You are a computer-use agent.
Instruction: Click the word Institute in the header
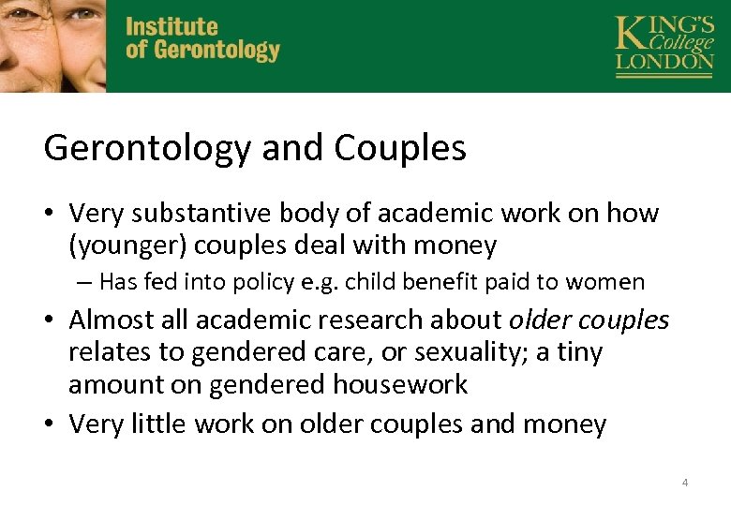(172, 27)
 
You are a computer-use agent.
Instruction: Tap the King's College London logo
(664, 45)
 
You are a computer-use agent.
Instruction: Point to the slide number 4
(685, 483)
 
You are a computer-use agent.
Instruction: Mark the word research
(361, 320)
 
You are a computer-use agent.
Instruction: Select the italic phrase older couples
(589, 320)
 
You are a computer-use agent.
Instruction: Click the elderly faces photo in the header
(52, 45)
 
